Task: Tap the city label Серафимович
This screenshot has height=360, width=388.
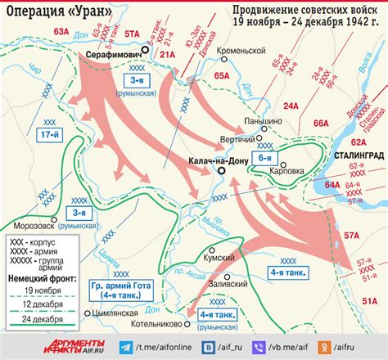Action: [x=113, y=52]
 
